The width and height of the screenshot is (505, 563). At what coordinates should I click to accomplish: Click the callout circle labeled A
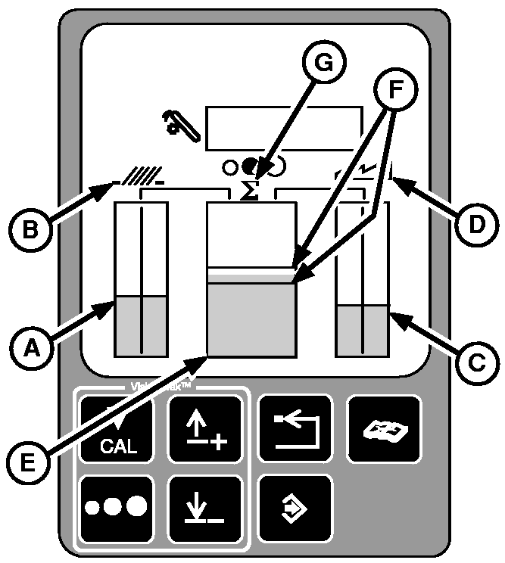30,348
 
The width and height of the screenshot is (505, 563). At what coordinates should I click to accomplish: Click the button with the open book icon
384,429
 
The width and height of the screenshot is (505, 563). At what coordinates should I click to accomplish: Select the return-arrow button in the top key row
294,429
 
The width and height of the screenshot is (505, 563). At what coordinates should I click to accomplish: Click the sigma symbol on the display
249,191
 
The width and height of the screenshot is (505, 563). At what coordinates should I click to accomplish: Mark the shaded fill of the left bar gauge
141,325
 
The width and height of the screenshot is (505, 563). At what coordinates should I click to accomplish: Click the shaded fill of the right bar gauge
362,330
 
